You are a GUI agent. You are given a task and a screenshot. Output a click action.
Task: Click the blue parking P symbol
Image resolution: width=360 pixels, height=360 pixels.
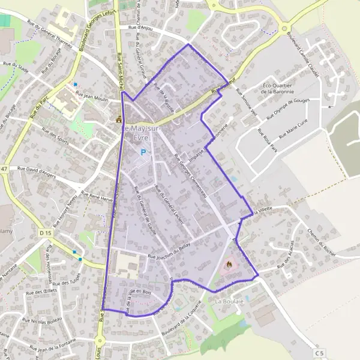[143, 152]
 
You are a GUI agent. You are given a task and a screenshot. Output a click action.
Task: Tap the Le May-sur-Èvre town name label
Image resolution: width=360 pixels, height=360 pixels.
[137, 132]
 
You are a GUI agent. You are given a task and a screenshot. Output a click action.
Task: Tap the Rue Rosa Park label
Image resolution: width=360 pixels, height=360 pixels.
[268, 140]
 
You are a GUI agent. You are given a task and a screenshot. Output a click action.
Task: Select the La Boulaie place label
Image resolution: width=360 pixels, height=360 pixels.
[229, 300]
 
